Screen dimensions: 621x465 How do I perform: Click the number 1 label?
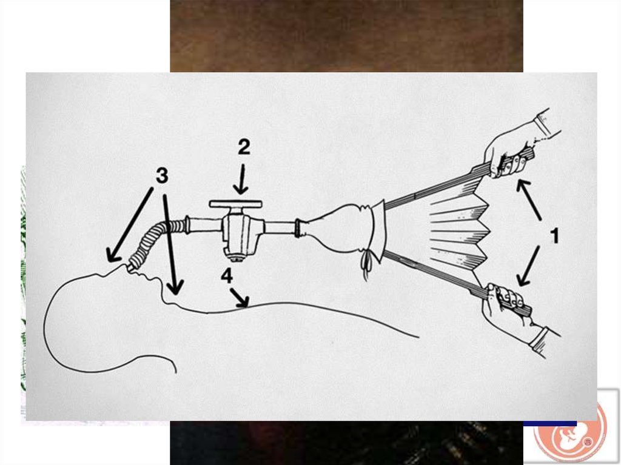(555, 236)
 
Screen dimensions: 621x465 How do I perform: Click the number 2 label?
(244, 147)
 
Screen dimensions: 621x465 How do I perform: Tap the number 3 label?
(161, 175)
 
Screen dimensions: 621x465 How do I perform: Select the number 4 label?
(227, 276)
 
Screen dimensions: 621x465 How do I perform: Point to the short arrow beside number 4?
(240, 298)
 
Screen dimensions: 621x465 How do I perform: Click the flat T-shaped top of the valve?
(236, 204)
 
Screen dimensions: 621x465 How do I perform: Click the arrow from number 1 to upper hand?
(529, 199)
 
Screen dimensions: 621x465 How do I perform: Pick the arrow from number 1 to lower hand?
(528, 266)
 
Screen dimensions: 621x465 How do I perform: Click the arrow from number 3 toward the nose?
(130, 225)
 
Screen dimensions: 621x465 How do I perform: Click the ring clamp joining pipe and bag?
(298, 228)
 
